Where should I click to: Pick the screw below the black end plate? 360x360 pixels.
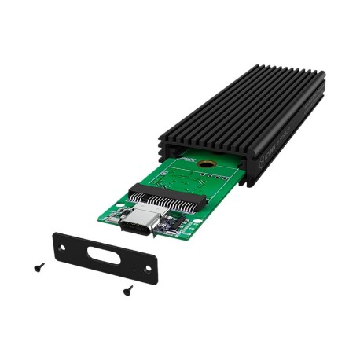click(127, 289)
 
